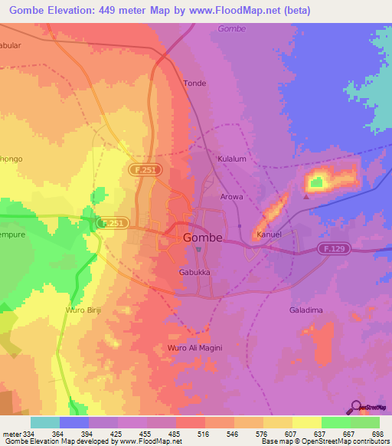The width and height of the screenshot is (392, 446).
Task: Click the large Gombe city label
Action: [x=204, y=238]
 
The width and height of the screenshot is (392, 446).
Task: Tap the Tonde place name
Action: [x=194, y=83]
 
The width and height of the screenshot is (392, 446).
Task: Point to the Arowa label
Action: [x=232, y=197]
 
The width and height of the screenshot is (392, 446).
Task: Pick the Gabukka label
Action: [x=194, y=272]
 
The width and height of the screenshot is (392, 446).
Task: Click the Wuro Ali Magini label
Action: [x=194, y=348]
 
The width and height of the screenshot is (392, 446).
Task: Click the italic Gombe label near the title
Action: [x=231, y=28]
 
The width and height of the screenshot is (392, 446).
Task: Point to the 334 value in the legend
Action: [x=28, y=435]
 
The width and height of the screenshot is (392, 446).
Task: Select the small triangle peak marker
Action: [x=305, y=196]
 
